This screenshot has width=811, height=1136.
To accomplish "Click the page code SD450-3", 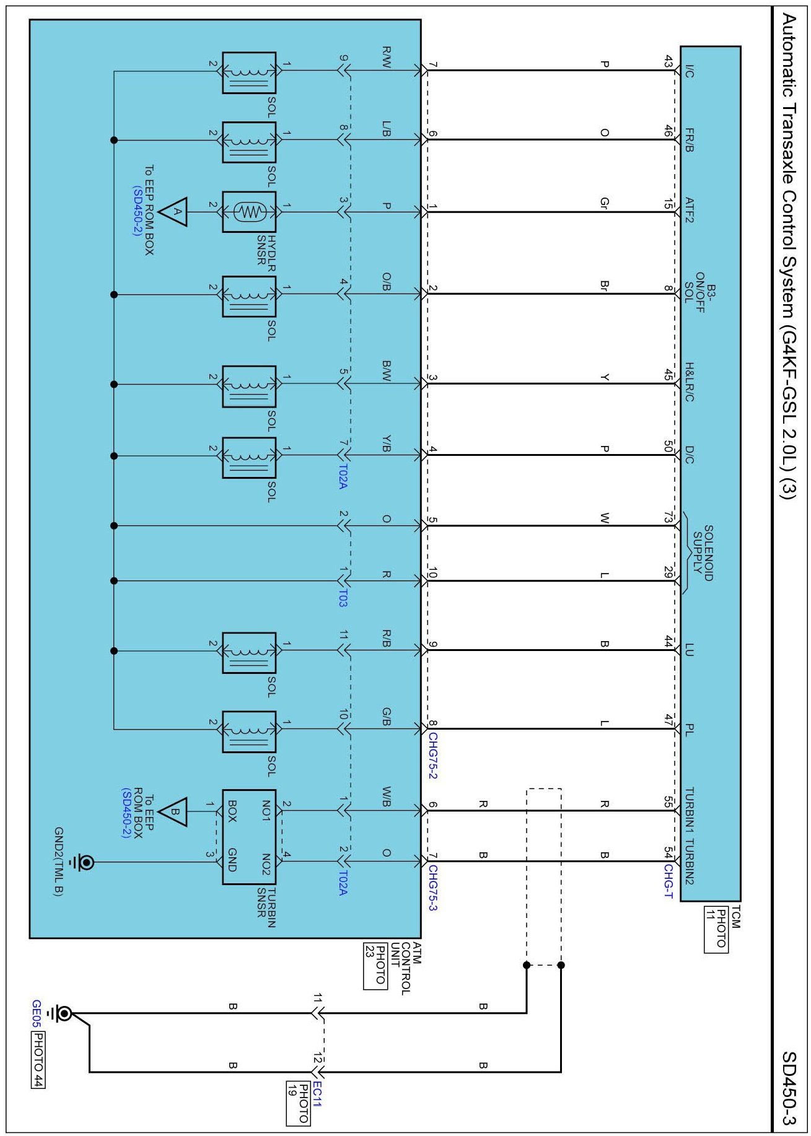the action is [787, 1088].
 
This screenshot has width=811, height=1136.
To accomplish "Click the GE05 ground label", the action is [37, 1013].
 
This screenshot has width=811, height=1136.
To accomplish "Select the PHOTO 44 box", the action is [38, 1059].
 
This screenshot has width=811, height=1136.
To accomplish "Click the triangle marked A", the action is [174, 212].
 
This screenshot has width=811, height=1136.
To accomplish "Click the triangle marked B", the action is [174, 811].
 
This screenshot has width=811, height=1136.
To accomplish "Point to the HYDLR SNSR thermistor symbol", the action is [249, 212].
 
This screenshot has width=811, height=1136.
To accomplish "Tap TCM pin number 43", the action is [668, 61].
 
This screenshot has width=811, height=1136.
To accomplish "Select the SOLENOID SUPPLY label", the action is [703, 553].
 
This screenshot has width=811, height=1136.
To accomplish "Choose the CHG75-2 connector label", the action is [432, 756].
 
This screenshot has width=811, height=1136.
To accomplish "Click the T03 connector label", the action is [343, 598].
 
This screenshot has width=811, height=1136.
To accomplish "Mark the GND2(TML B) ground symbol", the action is [85, 862].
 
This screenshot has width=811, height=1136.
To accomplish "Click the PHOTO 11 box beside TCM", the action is [716, 930].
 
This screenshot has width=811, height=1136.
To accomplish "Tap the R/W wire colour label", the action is [387, 57].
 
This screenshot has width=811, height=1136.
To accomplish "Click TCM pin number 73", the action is [668, 517].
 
